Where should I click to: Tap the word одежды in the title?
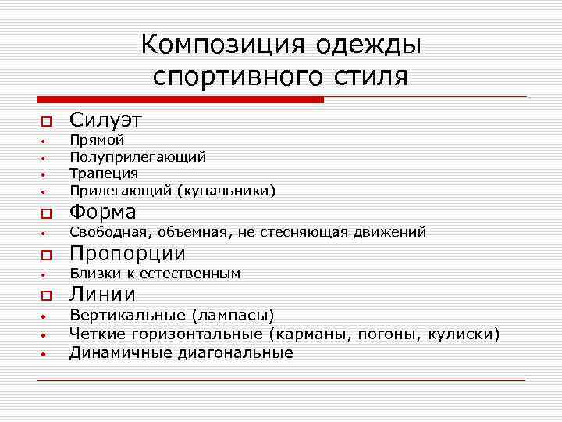pyautogui.click(x=368, y=45)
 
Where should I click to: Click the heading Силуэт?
pyautogui.click(x=105, y=120)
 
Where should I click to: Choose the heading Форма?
pyautogui.click(x=102, y=212)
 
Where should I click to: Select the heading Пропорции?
pyautogui.click(x=127, y=253)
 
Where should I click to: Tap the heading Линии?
pyautogui.click(x=102, y=294)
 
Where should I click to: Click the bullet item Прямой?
pyautogui.click(x=97, y=141)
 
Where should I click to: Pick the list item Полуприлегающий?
pyautogui.click(x=137, y=157)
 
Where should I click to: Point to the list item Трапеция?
pyautogui.click(x=103, y=173)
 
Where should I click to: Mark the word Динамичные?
pyautogui.click(x=112, y=353)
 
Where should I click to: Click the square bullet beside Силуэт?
pyautogui.click(x=46, y=122)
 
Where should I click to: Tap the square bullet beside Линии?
pyautogui.click(x=46, y=296)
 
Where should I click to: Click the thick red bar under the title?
pyautogui.click(x=180, y=100)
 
